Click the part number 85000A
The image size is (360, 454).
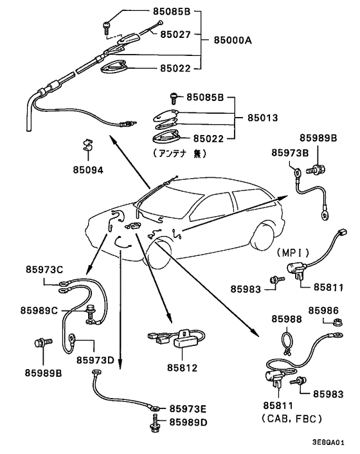pyautogui.click(x=228, y=40)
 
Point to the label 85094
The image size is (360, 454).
pyautogui.click(x=88, y=170)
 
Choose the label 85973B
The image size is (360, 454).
pyautogui.click(x=289, y=152)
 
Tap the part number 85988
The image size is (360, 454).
pyautogui.click(x=286, y=319)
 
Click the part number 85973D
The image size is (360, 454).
pyautogui.click(x=96, y=359)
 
